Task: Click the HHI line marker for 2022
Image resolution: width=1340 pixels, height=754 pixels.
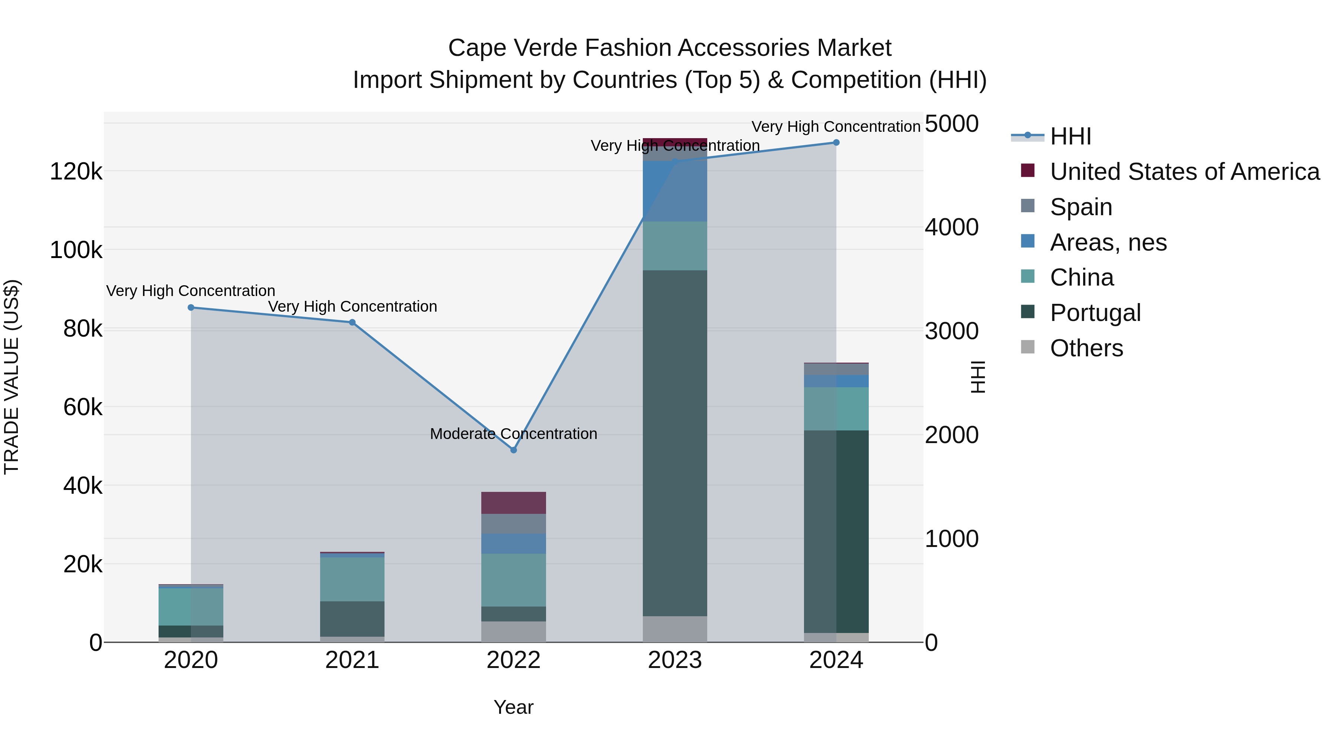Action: point(513,449)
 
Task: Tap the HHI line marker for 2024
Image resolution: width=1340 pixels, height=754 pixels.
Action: point(836,143)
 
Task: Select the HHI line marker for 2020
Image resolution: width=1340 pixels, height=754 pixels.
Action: point(191,308)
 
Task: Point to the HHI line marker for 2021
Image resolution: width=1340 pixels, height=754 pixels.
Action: point(352,322)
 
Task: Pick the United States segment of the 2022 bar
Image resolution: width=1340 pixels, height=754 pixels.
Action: point(513,503)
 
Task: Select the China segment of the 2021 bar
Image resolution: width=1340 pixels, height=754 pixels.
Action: point(352,579)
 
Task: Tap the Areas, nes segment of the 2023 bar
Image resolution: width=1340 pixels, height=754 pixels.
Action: point(675,191)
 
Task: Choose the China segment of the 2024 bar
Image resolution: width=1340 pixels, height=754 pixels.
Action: point(836,408)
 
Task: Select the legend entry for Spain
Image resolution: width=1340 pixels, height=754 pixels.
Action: point(1081,207)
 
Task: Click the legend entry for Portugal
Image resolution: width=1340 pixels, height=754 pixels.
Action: point(1095,313)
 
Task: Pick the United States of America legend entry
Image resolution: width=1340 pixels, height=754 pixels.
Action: point(1184,172)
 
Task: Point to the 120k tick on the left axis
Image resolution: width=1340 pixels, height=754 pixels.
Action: point(76,171)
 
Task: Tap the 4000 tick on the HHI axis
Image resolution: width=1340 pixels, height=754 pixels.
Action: point(951,228)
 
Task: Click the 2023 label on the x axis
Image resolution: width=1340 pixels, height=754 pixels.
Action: point(675,660)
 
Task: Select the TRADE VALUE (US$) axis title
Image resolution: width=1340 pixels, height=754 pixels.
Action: point(12,377)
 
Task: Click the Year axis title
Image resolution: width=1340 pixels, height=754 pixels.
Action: point(513,707)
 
